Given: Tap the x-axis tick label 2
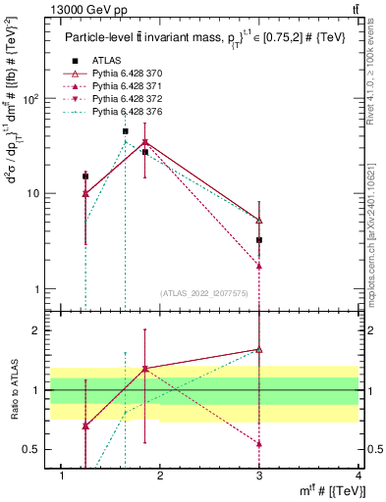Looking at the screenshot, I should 160,476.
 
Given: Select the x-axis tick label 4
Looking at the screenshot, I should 358,476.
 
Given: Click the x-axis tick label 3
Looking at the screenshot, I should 259,476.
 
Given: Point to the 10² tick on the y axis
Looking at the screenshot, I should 34,99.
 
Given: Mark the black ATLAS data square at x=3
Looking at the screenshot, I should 259,240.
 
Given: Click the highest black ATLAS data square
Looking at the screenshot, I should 126,131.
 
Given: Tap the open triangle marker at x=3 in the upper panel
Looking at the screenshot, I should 259,221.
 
